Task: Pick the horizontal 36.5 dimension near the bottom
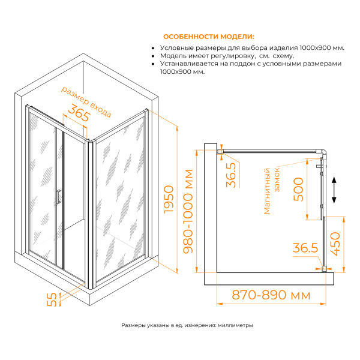pos(304,247)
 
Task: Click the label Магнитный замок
pos(272,190)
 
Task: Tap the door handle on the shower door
pos(58,197)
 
